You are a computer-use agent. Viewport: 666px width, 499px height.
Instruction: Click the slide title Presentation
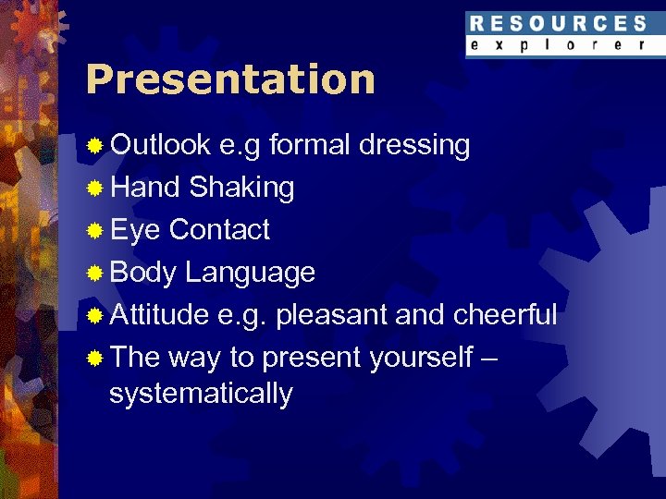[230, 80]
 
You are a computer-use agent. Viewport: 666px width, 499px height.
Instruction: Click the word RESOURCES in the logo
[558, 24]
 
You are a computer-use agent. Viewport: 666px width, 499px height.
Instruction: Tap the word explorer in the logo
[558, 44]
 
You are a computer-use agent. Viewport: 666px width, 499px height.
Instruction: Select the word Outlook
[160, 145]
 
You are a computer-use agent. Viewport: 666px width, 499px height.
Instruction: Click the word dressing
[413, 145]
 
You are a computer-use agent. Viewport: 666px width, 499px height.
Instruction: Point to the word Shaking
[241, 188]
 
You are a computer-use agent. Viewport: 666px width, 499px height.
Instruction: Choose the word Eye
[135, 230]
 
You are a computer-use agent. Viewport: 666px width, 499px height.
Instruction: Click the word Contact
[219, 230]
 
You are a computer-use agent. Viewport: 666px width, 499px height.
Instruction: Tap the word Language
[250, 273]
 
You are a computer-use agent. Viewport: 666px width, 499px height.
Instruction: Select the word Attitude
[159, 315]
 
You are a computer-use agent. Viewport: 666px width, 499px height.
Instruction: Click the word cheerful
[504, 315]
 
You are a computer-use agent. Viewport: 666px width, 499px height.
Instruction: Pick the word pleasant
[331, 315]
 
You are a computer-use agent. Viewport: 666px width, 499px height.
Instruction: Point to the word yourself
[421, 358]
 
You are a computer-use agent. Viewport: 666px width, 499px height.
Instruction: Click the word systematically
[201, 394]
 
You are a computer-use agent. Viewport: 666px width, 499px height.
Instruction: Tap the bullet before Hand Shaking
[94, 189]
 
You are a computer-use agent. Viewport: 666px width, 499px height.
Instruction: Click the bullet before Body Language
[94, 274]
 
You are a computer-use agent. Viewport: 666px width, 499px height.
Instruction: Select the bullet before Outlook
[94, 146]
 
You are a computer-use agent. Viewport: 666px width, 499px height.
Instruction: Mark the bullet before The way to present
[94, 359]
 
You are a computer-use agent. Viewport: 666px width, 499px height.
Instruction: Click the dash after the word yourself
[490, 359]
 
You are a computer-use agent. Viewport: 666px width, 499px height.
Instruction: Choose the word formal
[310, 145]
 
